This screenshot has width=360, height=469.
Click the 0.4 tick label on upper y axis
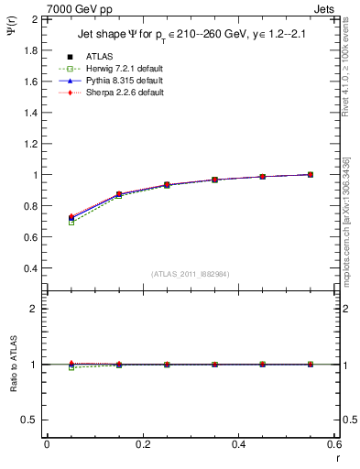30,268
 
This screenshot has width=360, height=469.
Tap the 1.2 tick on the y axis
30,144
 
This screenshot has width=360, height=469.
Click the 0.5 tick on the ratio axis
30,420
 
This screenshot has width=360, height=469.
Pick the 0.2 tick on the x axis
142,444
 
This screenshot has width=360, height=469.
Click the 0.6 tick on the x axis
333,444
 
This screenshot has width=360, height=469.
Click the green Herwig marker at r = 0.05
71,223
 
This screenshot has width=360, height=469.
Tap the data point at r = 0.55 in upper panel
311,174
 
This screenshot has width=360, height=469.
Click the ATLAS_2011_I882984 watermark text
190,274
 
